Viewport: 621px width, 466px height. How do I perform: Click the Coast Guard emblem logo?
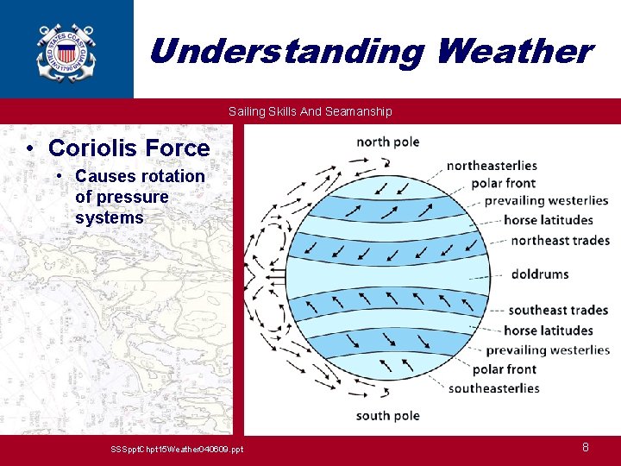(66, 54)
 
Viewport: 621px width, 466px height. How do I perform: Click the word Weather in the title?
(516, 52)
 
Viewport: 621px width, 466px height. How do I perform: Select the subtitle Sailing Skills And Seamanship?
(310, 111)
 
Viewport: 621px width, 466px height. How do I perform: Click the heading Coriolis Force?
(129, 148)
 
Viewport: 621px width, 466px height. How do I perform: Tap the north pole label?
(388, 142)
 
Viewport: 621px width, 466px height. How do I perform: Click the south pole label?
(388, 416)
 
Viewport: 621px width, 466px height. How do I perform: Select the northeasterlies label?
(492, 166)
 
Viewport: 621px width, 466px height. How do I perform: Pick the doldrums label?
(540, 274)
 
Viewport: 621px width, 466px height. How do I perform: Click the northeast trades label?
(561, 241)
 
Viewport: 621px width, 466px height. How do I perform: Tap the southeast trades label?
(558, 311)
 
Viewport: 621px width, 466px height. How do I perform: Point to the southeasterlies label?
(494, 388)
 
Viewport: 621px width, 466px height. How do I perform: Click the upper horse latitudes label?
(549, 220)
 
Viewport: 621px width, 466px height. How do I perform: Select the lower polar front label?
(505, 369)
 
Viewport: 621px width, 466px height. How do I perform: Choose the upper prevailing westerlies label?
(547, 201)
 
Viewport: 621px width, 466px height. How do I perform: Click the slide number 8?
(586, 447)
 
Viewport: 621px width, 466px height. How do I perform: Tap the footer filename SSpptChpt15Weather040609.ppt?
(177, 450)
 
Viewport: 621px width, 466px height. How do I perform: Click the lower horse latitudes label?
(549, 331)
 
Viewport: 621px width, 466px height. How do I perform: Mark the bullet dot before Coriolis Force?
(29, 149)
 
